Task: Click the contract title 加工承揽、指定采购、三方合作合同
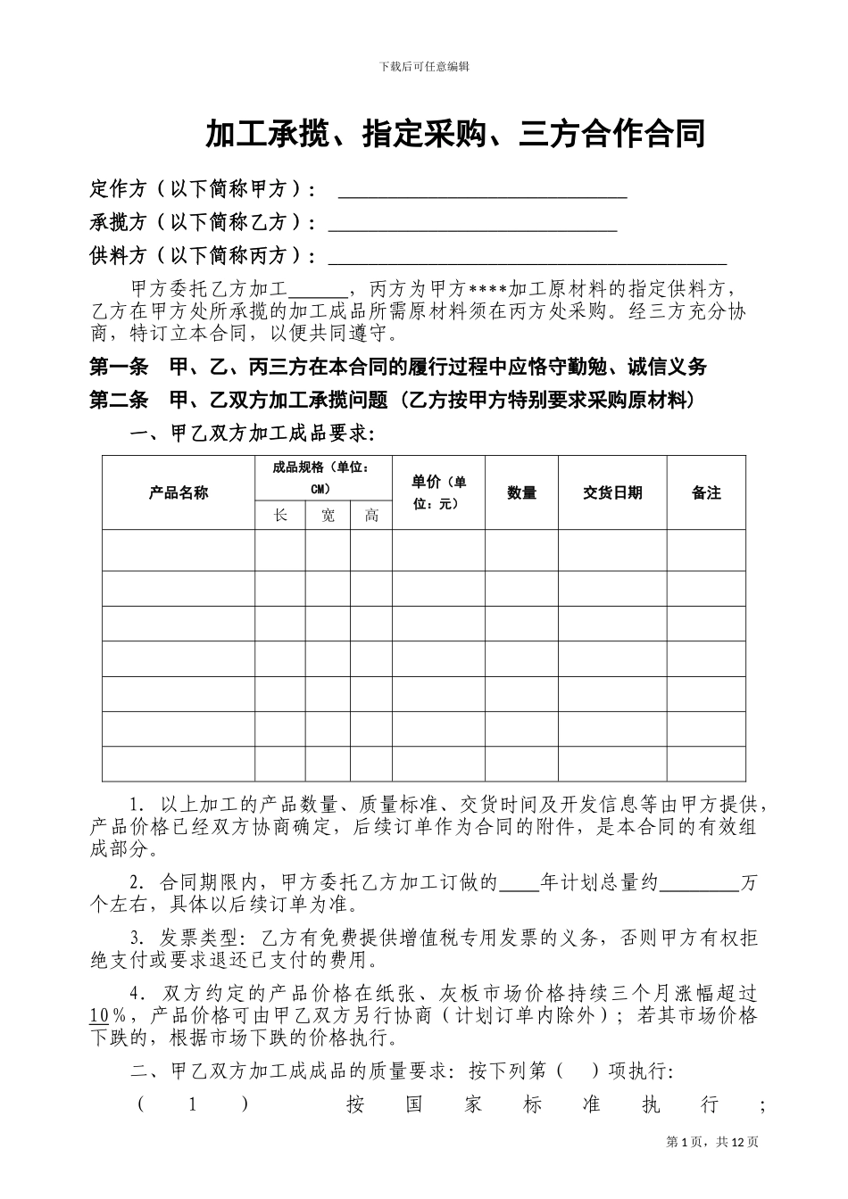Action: pos(455,134)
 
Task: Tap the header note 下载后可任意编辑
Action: pos(424,66)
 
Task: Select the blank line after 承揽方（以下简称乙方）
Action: pos(473,224)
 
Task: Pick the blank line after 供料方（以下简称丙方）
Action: pos(528,258)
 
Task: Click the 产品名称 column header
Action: pos(179,492)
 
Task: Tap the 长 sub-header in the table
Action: pos(280,516)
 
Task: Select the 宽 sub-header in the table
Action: pos(328,516)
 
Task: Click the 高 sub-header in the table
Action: pos(371,516)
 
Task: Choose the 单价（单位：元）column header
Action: pos(438,492)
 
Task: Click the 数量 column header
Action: pos(521,492)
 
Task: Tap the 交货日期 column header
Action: pos(612,492)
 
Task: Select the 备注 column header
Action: pos(706,492)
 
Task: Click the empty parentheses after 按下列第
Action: pos(577,1071)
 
